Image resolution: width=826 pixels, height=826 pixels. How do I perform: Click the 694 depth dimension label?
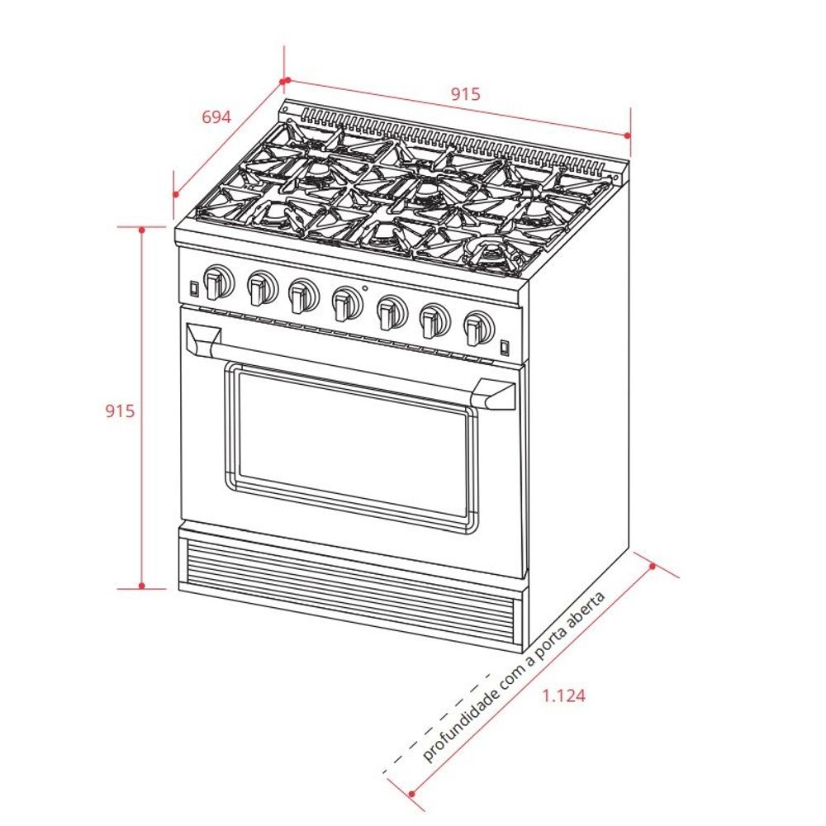pos(216,117)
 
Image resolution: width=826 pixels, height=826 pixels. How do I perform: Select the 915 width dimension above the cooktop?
pos(465,94)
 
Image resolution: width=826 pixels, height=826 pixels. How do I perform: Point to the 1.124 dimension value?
pos(564,695)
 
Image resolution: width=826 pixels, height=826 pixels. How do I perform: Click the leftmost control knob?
pos(218,282)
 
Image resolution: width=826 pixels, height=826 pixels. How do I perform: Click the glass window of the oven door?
pos(351,446)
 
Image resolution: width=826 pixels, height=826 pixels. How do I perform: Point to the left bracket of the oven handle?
pos(203,338)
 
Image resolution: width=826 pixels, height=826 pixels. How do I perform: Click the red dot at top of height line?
pos(142,229)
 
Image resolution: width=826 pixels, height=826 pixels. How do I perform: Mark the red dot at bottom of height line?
pos(142,586)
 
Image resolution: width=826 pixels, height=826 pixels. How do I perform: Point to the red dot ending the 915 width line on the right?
pos(628,135)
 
